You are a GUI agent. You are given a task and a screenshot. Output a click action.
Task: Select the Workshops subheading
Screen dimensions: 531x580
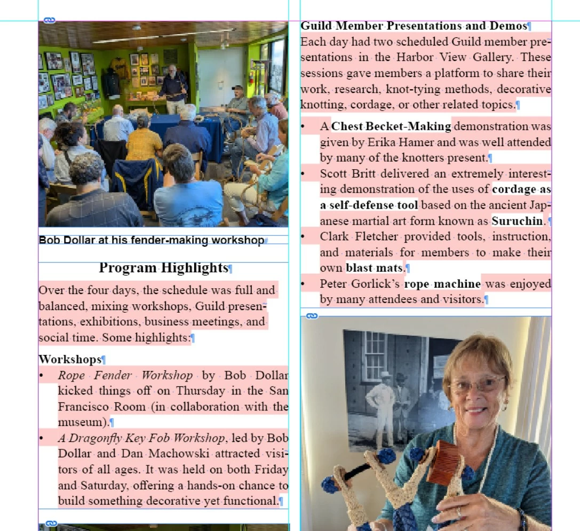69,360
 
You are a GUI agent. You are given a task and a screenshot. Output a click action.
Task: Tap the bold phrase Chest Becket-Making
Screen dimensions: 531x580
391,126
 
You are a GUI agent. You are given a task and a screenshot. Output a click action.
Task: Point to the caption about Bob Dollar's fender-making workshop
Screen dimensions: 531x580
152,240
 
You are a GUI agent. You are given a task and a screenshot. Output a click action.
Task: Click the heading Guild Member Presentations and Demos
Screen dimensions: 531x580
414,26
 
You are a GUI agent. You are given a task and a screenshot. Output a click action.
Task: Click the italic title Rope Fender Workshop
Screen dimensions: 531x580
125,375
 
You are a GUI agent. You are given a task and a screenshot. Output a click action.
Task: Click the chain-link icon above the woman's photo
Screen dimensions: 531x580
312,316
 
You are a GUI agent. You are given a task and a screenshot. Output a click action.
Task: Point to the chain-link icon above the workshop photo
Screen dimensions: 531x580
49,20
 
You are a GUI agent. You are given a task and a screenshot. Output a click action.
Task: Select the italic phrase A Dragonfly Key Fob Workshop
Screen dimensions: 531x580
141,438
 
